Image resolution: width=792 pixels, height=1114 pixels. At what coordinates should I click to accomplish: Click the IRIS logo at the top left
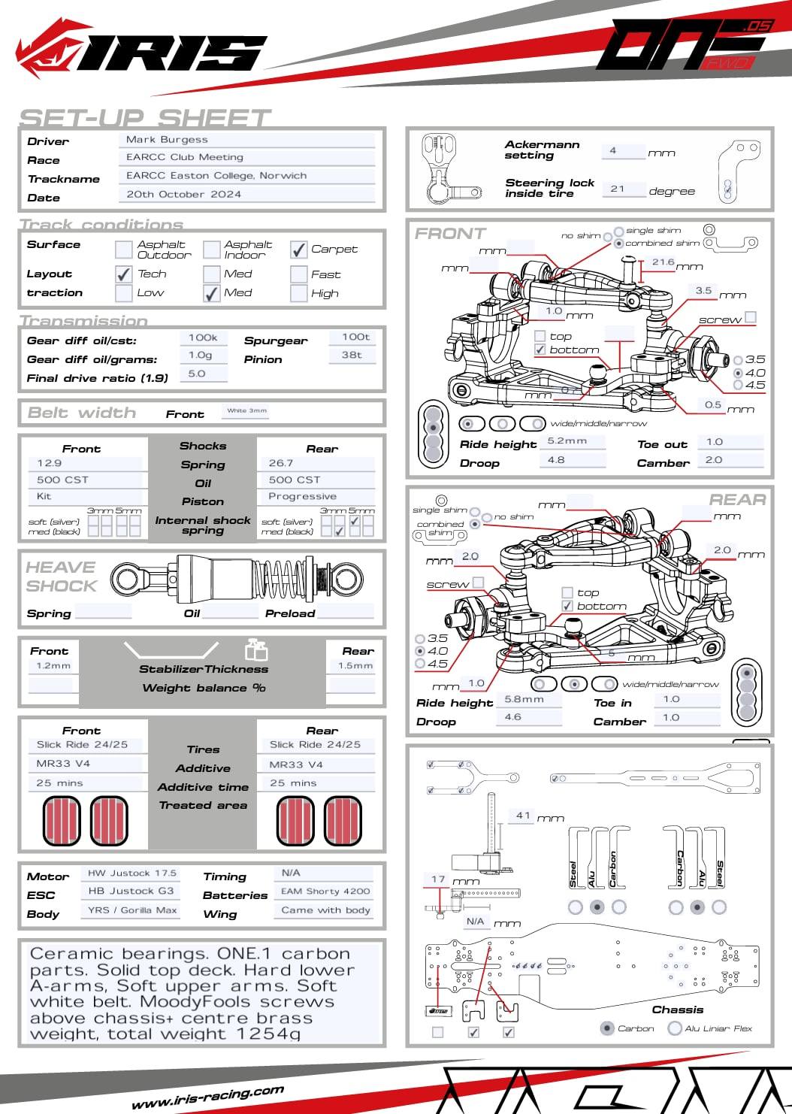(143, 53)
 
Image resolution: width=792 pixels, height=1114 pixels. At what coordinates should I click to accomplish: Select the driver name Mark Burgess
(167, 140)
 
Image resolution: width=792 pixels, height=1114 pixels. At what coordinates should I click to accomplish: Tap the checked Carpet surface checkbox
(299, 250)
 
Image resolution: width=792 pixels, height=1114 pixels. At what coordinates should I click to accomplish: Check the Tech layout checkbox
(124, 274)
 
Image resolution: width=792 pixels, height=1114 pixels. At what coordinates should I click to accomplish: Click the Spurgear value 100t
(355, 338)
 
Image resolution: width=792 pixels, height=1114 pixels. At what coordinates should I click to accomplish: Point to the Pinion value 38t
(352, 355)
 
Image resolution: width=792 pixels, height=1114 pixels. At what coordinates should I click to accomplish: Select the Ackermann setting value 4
(613, 151)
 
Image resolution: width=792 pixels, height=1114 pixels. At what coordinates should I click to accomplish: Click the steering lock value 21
(618, 189)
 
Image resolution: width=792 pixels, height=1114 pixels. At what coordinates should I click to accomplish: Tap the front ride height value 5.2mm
(567, 441)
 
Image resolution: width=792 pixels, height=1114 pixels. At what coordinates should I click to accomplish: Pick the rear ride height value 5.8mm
(524, 699)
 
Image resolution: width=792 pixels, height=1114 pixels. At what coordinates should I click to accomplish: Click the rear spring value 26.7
(281, 464)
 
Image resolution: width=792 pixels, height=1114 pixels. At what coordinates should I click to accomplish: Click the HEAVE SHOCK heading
(62, 577)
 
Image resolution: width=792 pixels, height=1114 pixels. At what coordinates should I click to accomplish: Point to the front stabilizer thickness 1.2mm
(53, 666)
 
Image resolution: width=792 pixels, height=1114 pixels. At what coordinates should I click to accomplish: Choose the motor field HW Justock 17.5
(132, 873)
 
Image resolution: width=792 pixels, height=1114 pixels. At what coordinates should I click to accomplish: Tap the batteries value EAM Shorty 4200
(325, 892)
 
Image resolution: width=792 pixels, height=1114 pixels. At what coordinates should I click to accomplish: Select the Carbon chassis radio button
(607, 1028)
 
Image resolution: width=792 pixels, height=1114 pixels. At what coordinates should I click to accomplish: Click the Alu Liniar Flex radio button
(674, 1028)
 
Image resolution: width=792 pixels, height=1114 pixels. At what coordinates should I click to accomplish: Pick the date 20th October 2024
(183, 194)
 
